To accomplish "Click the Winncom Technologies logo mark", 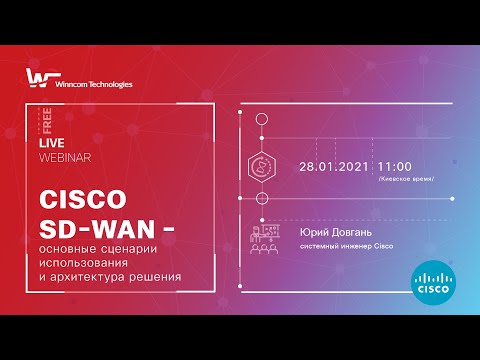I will pos(36,80).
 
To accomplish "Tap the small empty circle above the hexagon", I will pos(263,119).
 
